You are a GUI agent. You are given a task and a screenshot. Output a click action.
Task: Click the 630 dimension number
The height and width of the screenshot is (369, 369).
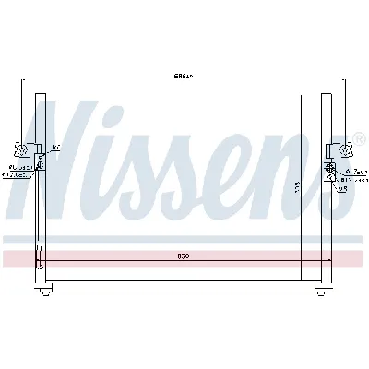[185, 255]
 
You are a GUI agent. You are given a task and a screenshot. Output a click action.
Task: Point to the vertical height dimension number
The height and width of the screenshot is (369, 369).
[296, 187]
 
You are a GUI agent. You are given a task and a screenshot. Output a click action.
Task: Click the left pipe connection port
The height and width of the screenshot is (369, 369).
[40, 167]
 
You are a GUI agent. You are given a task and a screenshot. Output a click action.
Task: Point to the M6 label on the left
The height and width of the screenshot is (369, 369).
[55, 148]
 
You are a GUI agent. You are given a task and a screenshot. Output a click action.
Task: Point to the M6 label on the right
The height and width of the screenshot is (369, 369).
[342, 190]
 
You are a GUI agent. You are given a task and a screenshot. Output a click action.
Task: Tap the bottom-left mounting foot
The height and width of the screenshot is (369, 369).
[43, 292]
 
